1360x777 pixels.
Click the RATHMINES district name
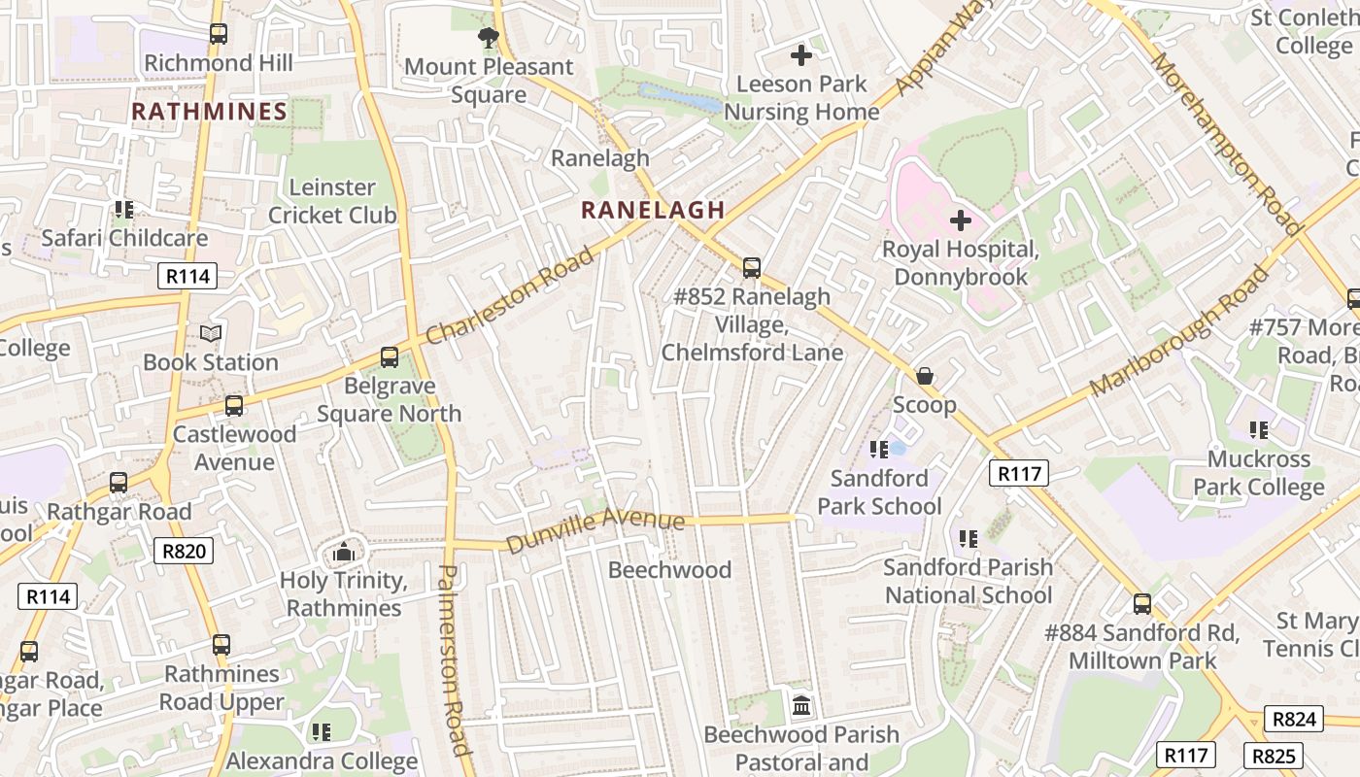(209, 112)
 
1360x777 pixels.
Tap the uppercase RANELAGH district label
(653, 210)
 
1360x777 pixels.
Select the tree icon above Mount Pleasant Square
(489, 38)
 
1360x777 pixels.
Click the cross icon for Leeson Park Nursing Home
(801, 55)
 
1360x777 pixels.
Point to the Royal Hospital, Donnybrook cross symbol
(961, 220)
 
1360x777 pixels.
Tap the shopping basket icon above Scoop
(925, 376)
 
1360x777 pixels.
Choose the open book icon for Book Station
(211, 334)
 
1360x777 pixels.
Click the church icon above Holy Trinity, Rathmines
(343, 553)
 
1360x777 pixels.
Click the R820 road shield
(185, 552)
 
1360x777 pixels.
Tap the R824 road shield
(1294, 719)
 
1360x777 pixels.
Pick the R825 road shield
(1273, 756)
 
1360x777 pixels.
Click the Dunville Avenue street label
(595, 529)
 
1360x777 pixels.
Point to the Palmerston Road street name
(454, 659)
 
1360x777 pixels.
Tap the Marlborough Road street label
(1178, 331)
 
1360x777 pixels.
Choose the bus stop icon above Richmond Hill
(219, 34)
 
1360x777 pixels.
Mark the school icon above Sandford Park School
(879, 449)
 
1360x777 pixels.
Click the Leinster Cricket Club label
(332, 201)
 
